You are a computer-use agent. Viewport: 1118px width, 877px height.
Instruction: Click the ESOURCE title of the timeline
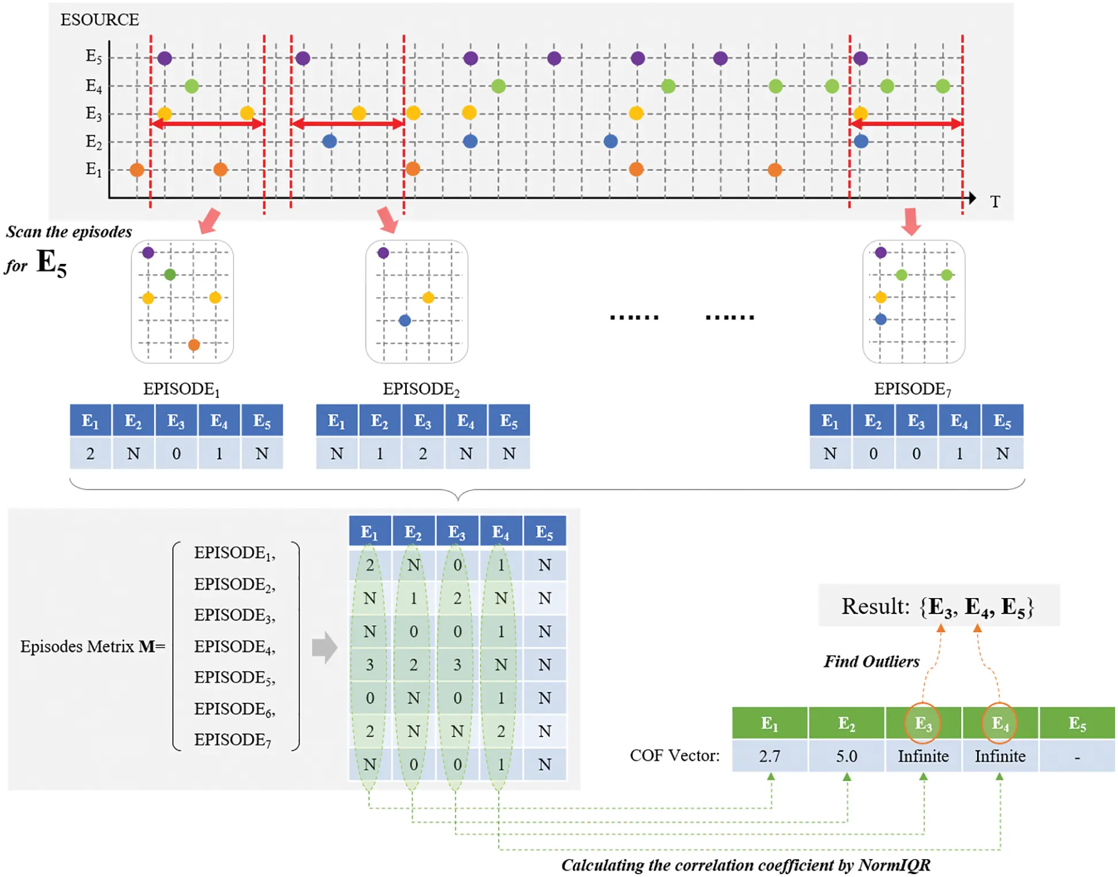99,20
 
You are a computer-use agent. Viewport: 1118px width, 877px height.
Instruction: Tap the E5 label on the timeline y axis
94,56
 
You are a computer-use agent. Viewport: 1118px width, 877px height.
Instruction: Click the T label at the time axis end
995,202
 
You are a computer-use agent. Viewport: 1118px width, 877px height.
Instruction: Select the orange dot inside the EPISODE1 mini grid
194,345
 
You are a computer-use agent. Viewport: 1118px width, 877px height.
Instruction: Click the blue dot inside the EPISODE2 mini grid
405,321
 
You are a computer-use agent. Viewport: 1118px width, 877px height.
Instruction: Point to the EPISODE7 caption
912,389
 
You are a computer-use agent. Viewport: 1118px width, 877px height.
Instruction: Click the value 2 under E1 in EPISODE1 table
90,454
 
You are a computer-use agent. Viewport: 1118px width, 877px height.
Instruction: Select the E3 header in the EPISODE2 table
422,422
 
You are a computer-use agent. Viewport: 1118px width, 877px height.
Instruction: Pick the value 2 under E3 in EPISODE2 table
422,454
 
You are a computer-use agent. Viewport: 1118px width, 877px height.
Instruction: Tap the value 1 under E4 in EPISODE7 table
959,454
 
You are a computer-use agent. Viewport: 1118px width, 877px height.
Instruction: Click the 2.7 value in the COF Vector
770,756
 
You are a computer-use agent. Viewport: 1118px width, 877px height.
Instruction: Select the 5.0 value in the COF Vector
846,756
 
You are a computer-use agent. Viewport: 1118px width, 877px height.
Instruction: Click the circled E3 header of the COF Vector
923,723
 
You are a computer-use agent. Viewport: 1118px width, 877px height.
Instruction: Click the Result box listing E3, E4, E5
938,606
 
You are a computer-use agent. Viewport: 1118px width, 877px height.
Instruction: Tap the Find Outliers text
871,662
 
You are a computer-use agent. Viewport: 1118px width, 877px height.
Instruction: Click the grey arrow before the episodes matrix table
325,648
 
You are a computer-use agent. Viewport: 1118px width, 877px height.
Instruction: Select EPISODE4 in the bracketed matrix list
234,647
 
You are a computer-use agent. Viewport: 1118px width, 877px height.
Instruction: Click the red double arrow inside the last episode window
906,124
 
